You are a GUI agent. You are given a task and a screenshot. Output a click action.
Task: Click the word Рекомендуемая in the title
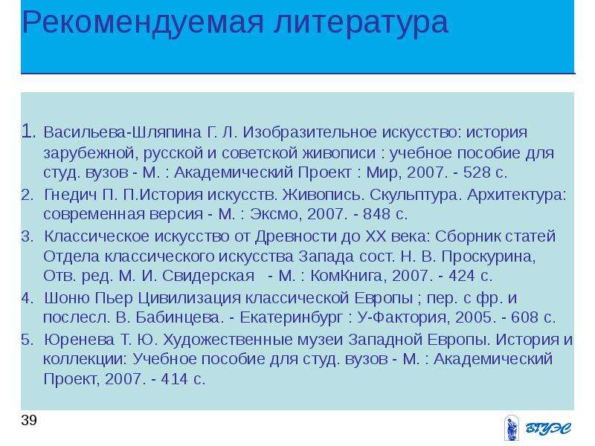[143, 23]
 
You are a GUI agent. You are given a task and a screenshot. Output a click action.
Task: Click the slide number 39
[29, 421]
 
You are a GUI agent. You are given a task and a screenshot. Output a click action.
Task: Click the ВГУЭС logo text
[548, 429]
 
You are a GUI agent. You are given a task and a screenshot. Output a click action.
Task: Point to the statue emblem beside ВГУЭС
[512, 429]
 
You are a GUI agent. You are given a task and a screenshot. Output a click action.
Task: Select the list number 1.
[29, 132]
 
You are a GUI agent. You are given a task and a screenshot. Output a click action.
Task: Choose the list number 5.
[28, 340]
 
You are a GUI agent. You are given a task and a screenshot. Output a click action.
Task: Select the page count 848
[376, 214]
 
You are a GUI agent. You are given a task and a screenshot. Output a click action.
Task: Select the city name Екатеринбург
[292, 317]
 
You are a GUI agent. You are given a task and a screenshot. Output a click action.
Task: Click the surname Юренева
[79, 340]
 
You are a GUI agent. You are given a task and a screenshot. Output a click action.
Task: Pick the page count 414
[174, 379]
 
